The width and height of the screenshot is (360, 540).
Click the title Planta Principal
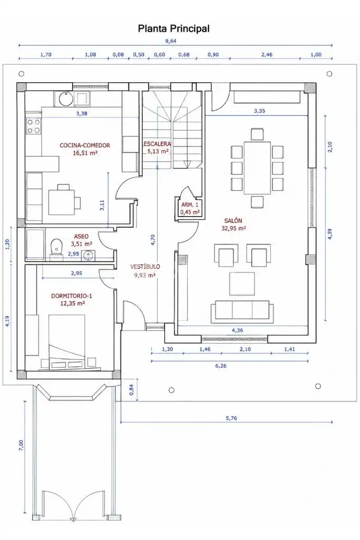coord(173,28)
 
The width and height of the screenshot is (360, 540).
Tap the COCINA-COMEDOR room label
coord(85,145)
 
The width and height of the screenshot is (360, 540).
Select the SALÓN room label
coord(233,220)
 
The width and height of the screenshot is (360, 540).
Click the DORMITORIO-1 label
coord(72,296)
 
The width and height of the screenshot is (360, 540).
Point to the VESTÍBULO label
coord(145,267)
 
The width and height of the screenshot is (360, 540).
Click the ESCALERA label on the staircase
coord(157,144)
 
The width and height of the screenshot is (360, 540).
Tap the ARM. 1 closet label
coord(190,205)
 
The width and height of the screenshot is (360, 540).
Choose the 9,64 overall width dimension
coord(171,41)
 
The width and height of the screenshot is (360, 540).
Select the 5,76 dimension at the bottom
coord(231,418)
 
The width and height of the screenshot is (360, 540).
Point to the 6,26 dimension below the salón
coord(221,366)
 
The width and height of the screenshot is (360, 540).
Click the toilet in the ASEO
coord(56,247)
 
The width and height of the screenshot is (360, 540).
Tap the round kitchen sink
coord(65,99)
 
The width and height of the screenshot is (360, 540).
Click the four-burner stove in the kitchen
coord(34,126)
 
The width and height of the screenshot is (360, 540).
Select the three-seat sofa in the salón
coord(242,311)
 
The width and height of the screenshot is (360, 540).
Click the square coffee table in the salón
coord(242,283)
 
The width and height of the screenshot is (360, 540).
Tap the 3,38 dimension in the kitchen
coord(82,113)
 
